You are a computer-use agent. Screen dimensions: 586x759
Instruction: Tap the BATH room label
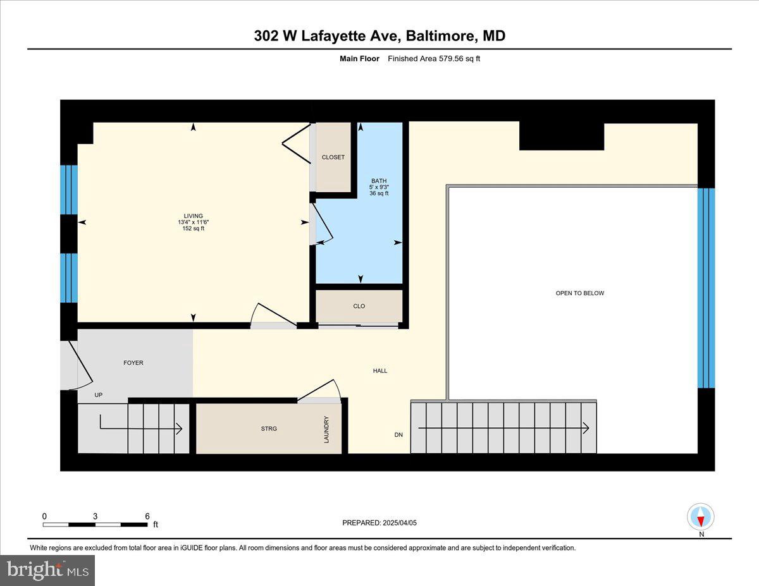(x=378, y=181)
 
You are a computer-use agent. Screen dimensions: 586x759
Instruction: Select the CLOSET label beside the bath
(x=333, y=157)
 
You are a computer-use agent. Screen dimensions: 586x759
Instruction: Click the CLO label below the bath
(x=359, y=306)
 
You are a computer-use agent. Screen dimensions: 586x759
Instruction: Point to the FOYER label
(x=133, y=363)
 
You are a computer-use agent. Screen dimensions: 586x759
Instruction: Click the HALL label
(x=379, y=371)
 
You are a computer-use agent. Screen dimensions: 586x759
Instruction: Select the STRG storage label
(x=268, y=429)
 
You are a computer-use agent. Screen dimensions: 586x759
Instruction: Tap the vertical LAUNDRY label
(x=327, y=429)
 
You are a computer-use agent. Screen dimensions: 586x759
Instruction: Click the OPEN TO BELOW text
(x=579, y=293)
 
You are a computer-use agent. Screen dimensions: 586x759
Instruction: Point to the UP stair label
(x=99, y=395)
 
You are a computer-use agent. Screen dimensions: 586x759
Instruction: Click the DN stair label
(x=398, y=435)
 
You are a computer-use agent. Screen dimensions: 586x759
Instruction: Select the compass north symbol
(x=700, y=518)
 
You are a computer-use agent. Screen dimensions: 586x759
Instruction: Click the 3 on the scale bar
(x=95, y=516)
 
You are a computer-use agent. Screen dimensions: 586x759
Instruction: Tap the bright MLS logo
(x=48, y=570)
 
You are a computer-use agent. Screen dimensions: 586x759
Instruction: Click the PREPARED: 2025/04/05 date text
(x=379, y=523)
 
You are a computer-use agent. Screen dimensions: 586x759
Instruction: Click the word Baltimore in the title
(x=440, y=36)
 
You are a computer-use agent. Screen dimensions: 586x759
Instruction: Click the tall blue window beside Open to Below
(x=706, y=288)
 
